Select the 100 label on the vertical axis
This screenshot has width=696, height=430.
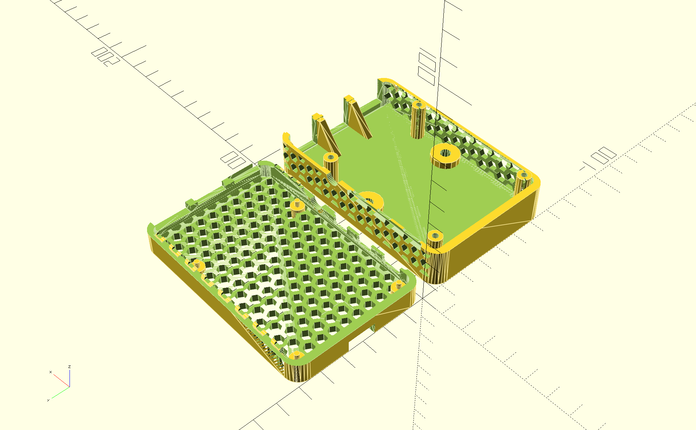(x=427, y=69)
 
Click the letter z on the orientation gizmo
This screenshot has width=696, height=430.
(x=69, y=367)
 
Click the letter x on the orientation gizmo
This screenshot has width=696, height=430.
(x=50, y=372)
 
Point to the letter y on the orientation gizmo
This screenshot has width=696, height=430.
(x=48, y=400)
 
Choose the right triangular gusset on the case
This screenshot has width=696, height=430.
(x=357, y=117)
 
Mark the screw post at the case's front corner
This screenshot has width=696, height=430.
(x=435, y=239)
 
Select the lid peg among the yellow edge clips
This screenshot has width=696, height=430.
(x=199, y=265)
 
